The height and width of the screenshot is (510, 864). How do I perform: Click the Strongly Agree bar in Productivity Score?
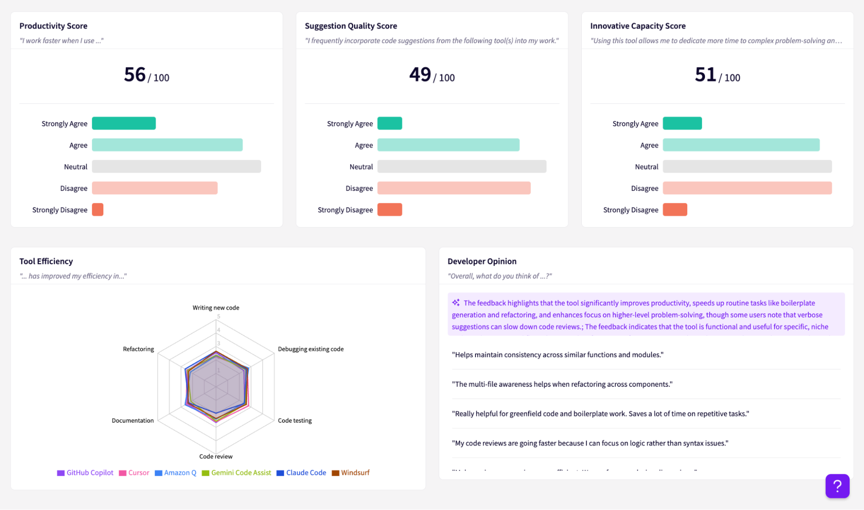(x=124, y=123)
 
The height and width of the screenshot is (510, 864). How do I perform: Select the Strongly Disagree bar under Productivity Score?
(x=98, y=210)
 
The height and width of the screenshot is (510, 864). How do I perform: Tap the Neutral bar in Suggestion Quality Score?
(x=462, y=167)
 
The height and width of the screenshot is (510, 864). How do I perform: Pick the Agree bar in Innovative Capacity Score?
(x=741, y=145)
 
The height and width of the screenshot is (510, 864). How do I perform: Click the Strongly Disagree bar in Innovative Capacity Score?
(x=675, y=210)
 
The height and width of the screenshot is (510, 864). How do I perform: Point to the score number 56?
(x=135, y=75)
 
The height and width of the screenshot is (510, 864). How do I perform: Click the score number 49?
(x=420, y=75)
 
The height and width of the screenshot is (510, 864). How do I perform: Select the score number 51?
(x=705, y=75)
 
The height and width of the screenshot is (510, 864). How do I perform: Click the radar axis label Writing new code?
(x=216, y=308)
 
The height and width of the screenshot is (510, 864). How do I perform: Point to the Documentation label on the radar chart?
(x=133, y=420)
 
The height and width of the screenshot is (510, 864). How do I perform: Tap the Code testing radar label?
(x=295, y=420)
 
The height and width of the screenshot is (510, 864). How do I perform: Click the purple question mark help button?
(x=837, y=486)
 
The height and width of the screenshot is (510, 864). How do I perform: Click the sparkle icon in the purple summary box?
(x=456, y=302)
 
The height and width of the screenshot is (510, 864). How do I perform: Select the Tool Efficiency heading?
(x=46, y=261)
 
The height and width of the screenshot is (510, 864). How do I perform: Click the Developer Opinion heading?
(x=482, y=261)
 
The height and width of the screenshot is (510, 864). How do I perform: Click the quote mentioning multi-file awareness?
(x=562, y=384)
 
